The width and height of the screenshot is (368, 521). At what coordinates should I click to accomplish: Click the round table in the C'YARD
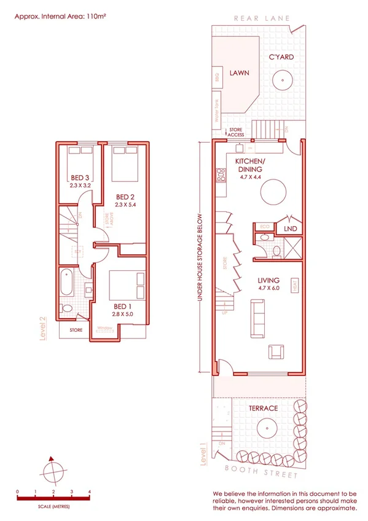pos(283,79)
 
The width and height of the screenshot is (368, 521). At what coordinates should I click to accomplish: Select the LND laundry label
pos(290,229)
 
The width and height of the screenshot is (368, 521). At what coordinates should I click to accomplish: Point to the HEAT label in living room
pos(296,285)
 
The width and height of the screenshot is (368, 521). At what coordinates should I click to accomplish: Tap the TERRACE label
pos(263,408)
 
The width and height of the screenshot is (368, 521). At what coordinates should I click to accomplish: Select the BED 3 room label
pos(80,179)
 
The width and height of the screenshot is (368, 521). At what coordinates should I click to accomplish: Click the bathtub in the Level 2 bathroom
pos(67,284)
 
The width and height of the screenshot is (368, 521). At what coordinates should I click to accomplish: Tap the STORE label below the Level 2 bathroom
pos(76,330)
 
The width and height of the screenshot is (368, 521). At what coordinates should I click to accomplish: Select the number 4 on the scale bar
pos(90,492)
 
